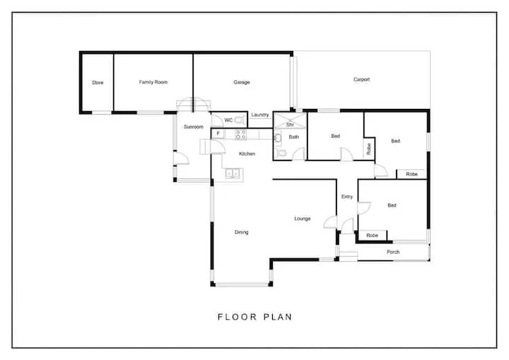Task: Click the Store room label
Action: click(x=98, y=83)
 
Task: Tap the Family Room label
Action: click(x=153, y=82)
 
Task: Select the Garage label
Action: click(x=242, y=82)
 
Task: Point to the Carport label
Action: click(x=361, y=80)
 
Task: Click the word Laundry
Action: click(x=259, y=115)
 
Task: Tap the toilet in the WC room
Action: click(x=240, y=120)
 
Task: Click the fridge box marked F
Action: click(x=219, y=133)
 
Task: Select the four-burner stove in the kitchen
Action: click(x=240, y=133)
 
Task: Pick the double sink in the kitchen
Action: click(x=233, y=172)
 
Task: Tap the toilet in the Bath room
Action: click(x=281, y=152)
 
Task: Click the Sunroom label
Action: click(x=193, y=127)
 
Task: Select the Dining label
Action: click(x=241, y=232)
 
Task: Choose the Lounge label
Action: click(x=303, y=219)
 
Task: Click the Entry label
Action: click(x=346, y=197)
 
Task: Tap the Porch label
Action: click(x=393, y=252)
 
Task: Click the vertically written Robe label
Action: click(x=369, y=149)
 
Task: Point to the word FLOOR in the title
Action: click(x=235, y=317)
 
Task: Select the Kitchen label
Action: click(x=247, y=153)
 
